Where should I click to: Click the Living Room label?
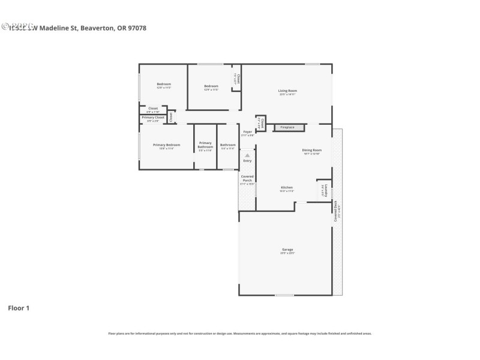point(288,91)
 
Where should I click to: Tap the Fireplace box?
point(287,127)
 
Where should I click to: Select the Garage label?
point(287,250)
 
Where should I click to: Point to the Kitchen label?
point(287,188)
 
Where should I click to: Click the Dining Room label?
point(311,150)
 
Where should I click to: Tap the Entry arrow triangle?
point(247,155)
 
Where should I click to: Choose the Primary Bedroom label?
point(166,145)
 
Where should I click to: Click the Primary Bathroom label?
point(205,145)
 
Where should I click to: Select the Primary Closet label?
point(153,118)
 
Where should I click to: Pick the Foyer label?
point(247,131)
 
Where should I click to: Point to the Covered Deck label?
point(337,211)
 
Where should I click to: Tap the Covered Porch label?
point(247,178)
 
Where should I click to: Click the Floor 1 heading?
point(19,308)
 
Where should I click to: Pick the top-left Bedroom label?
point(164,84)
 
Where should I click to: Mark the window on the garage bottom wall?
point(284,295)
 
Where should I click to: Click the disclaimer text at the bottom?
point(240,333)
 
